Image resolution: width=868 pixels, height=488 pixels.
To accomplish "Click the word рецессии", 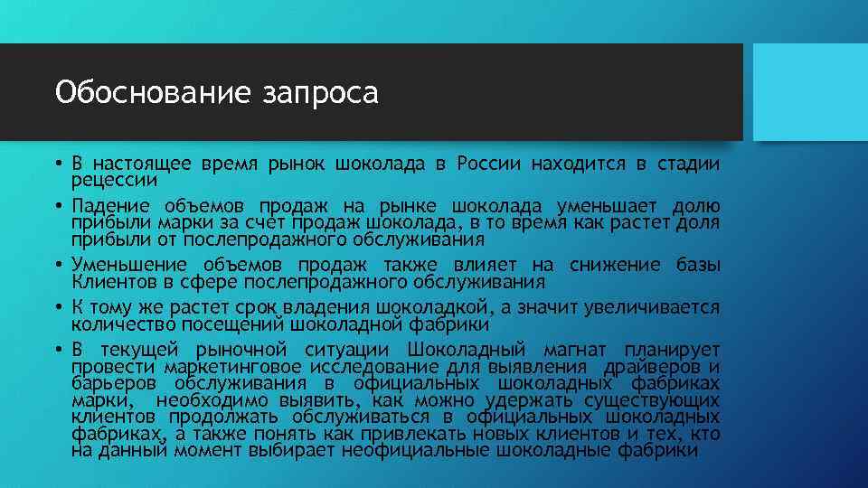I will pyautogui.click(x=109, y=178).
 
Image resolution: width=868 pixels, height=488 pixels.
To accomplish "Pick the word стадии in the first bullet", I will pyautogui.click(x=688, y=164).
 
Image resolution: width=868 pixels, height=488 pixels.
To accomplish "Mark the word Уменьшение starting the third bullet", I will pyautogui.click(x=130, y=265).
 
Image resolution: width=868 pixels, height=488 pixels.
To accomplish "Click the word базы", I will pyautogui.click(x=698, y=265).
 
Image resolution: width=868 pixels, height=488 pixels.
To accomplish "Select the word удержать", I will pyautogui.click(x=529, y=399).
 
